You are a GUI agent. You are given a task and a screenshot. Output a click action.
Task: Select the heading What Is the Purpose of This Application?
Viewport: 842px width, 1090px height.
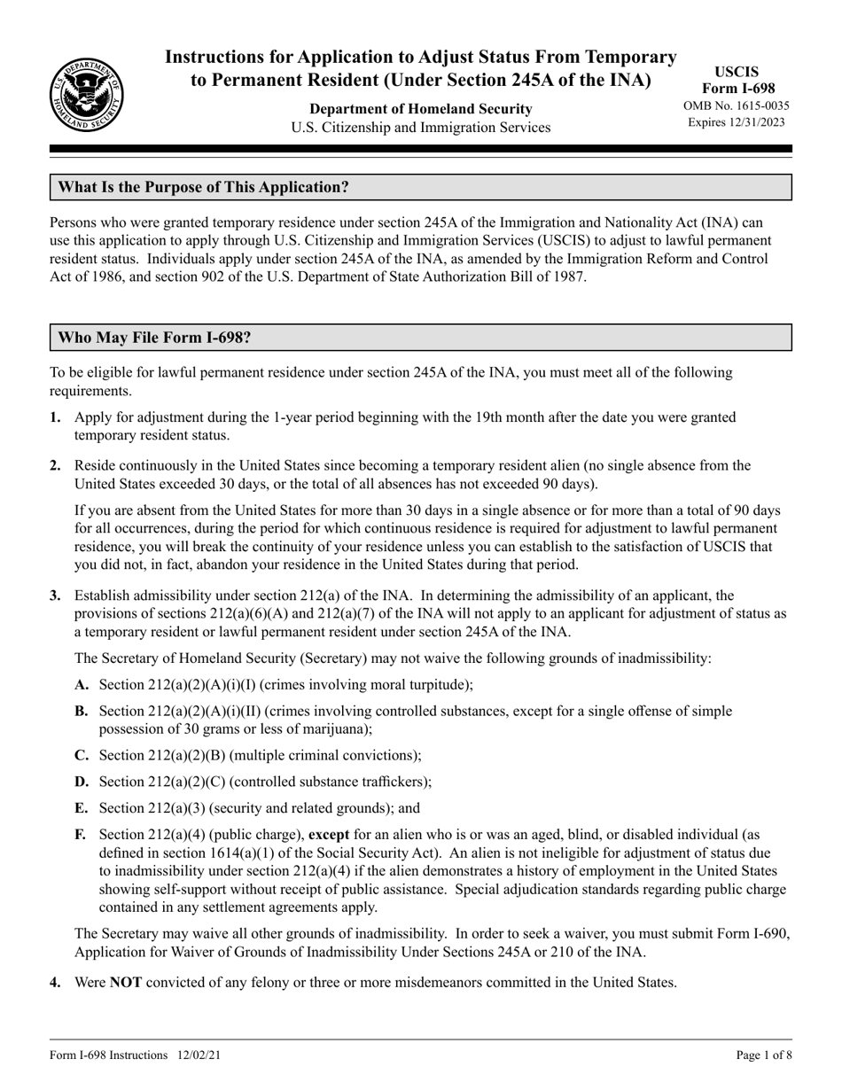204,188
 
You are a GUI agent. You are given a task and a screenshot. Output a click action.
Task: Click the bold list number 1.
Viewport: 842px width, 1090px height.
56,417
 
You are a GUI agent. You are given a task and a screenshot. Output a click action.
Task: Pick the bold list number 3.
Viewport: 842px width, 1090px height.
56,596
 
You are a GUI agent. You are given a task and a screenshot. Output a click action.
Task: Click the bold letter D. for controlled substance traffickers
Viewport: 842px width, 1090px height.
82,782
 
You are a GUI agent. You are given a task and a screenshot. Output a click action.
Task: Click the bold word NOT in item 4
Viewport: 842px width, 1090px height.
125,982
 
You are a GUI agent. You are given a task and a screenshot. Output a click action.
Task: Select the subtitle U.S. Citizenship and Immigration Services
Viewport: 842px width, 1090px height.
420,128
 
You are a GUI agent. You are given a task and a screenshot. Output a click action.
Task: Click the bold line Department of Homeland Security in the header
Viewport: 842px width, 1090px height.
420,109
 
